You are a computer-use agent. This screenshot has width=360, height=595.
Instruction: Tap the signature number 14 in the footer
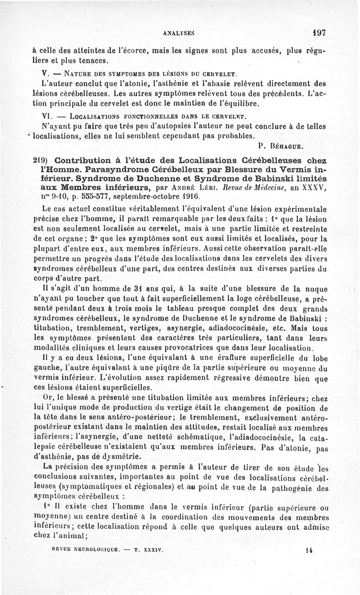coord(309,550)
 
